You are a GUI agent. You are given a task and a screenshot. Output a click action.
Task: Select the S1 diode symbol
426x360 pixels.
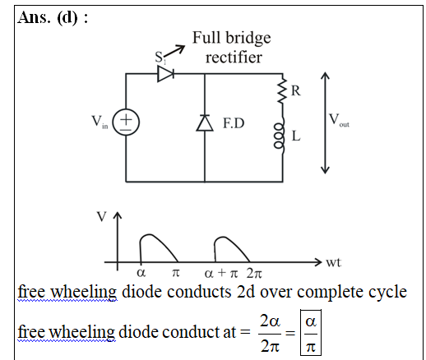pos(166,73)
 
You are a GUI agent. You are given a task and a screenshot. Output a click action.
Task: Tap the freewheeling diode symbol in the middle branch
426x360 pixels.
pos(205,122)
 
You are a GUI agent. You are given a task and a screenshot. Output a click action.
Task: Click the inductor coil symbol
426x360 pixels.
pos(280,136)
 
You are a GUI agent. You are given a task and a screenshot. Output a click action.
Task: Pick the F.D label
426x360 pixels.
pos(234,122)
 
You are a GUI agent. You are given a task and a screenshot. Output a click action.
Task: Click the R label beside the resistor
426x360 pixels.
pos(295,90)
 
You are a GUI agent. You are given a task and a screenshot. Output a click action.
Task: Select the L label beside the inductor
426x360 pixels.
pos(296,136)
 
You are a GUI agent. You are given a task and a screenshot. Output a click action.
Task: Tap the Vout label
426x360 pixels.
pos(339,120)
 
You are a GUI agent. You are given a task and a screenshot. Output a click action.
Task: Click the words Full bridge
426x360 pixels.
pos(232,38)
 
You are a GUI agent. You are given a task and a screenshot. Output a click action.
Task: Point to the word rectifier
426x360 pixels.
pos(234,58)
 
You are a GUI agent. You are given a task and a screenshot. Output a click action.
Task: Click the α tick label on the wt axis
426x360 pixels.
pos(141,272)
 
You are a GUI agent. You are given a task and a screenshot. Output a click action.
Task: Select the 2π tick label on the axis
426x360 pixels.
pos(254,273)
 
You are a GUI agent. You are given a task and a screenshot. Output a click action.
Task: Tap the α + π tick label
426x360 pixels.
pos(221,273)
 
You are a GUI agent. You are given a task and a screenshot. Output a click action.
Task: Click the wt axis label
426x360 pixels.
pos(333,262)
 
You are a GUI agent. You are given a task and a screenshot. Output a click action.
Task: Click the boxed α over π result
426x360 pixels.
pos(311,332)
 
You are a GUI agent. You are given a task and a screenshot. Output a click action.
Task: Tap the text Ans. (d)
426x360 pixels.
pos(53,17)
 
